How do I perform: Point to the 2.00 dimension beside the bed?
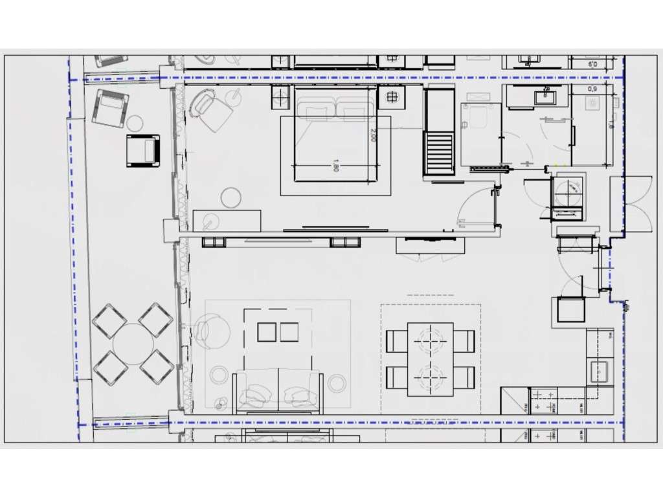[374, 135]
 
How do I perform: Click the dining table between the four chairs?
[430, 359]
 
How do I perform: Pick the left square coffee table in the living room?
[267, 332]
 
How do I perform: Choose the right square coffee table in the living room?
[289, 332]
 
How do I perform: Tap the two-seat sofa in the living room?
[278, 392]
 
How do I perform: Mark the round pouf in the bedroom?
[230, 197]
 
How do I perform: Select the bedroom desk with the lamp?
[227, 221]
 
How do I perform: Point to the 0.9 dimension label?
[592, 89]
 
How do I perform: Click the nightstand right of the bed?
[392, 98]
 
